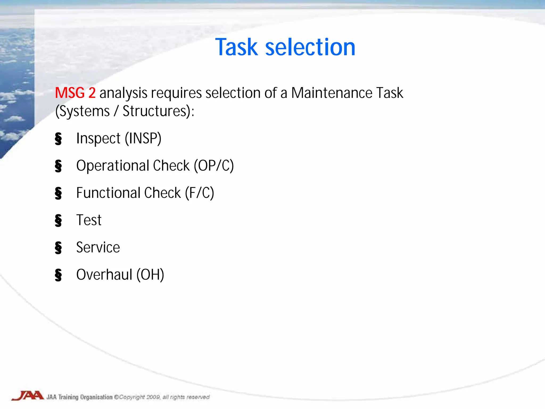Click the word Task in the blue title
(237, 47)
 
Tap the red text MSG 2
(75, 93)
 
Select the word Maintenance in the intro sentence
(332, 93)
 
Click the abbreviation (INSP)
(143, 139)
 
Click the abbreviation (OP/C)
(214, 166)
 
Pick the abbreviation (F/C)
(200, 193)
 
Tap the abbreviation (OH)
(150, 275)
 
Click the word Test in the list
(89, 220)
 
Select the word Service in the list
(98, 247)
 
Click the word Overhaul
(104, 275)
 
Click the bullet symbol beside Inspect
(58, 139)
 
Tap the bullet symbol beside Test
(58, 221)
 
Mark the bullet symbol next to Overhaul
(58, 275)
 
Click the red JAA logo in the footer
(28, 396)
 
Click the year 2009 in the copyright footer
(153, 397)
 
